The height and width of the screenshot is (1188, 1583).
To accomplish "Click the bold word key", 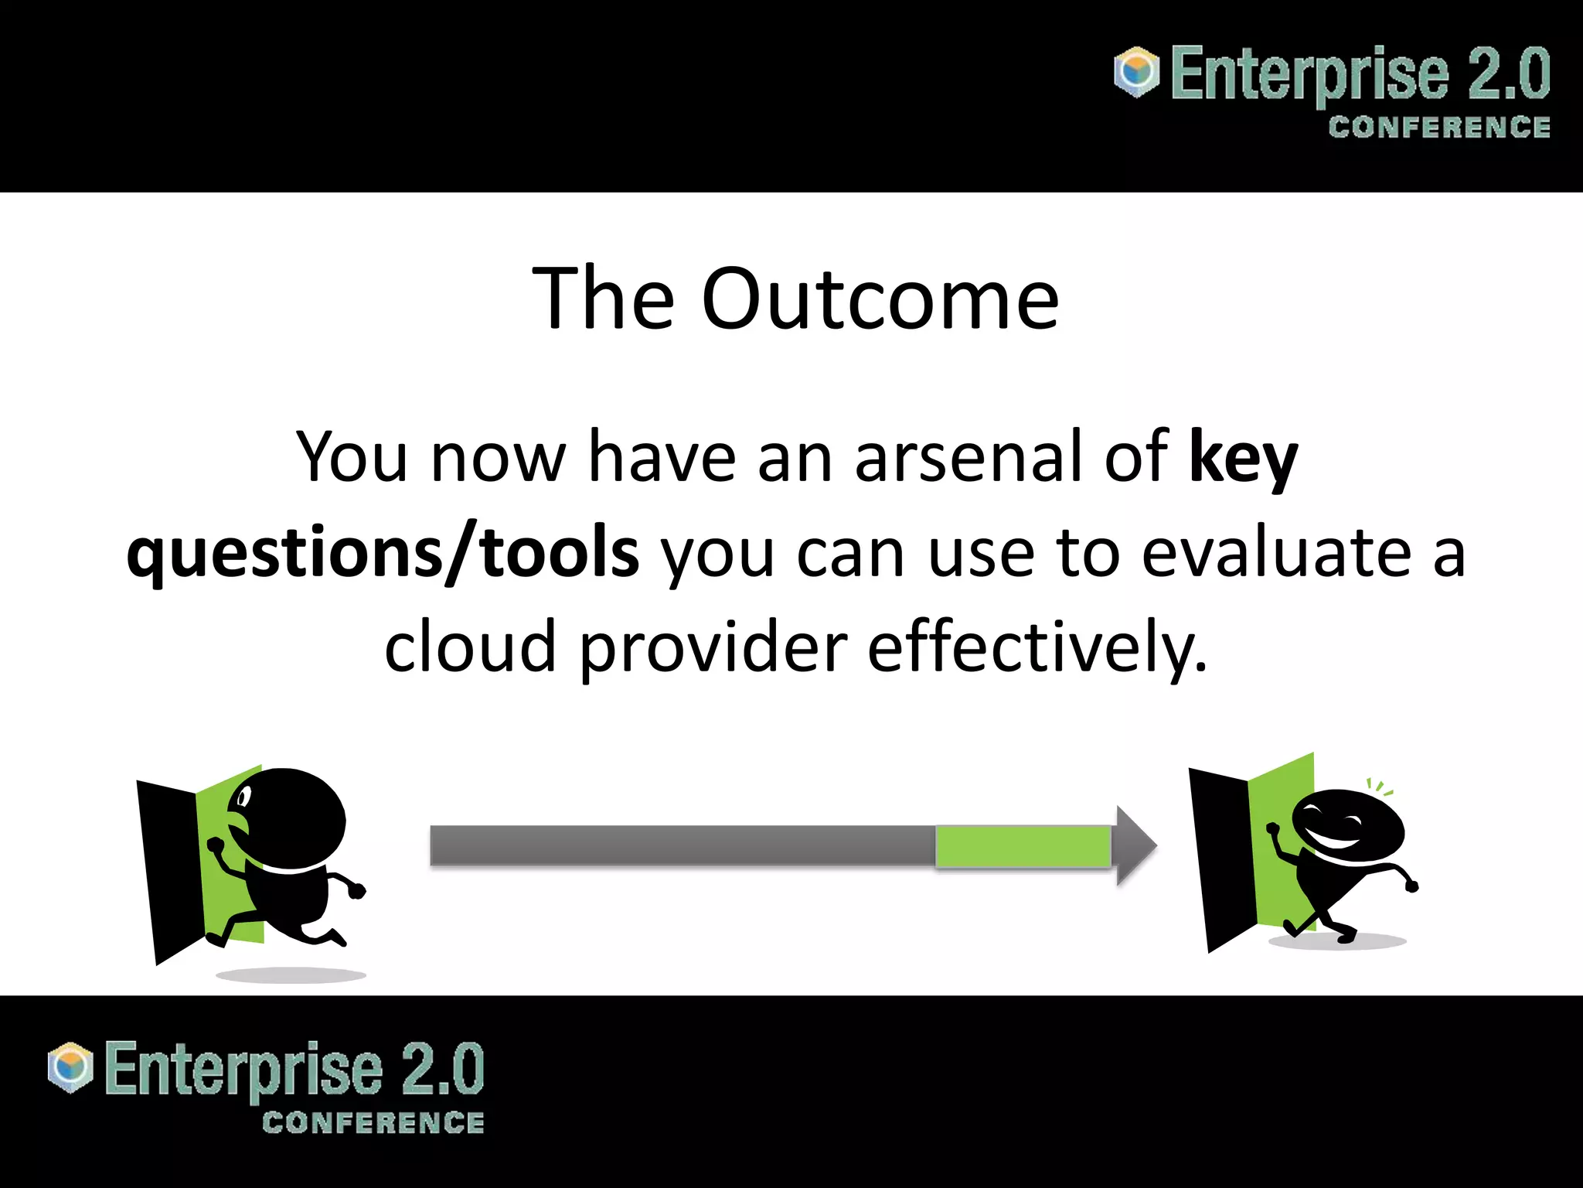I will pos(1243,458).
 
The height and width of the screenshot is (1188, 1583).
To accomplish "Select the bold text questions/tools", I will pos(383,554).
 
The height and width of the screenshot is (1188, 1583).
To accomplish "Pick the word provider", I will pos(713,648).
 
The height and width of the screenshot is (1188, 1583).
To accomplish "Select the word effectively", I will pos(1036,648).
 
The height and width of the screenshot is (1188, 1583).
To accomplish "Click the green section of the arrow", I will pos(1022,845).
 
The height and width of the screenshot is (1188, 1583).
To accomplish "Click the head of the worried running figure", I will pos(290,818).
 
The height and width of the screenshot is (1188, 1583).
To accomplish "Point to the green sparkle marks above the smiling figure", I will pos(1378,788).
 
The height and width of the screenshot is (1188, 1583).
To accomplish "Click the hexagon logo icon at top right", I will pos(1136,72).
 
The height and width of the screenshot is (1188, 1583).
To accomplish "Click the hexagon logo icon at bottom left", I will pos(70,1067).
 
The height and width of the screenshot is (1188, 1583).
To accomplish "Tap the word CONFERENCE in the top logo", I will pos(1438,128).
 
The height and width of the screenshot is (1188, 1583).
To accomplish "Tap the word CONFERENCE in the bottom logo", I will pos(373,1123).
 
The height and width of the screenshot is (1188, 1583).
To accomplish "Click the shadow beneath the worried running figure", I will pos(291,975).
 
